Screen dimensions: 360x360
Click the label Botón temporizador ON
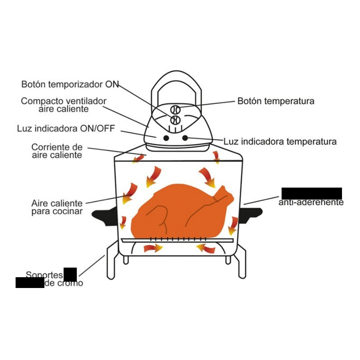70,84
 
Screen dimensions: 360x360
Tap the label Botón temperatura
276,101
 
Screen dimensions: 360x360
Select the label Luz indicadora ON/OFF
66,129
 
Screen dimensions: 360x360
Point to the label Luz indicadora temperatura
280,142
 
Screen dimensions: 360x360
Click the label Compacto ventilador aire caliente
64,105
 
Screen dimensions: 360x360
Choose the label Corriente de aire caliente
57,151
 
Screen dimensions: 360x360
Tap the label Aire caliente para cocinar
57,207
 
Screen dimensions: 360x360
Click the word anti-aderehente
311,203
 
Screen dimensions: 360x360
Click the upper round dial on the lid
175,109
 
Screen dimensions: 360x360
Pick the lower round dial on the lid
175,119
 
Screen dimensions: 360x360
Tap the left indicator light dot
165,138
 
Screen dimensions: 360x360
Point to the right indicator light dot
185,138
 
